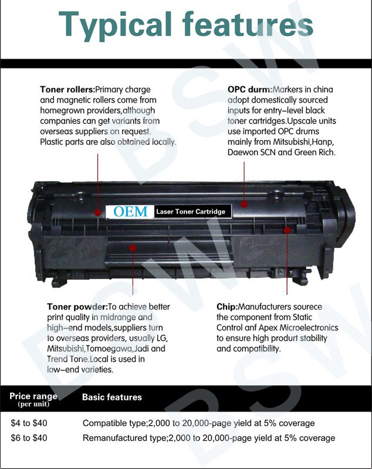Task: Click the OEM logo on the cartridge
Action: [130, 212]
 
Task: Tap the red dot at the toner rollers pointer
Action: [97, 209]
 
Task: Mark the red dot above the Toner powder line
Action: [133, 248]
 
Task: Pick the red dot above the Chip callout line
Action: [287, 230]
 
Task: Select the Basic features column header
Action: [111, 397]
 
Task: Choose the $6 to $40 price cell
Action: [29, 438]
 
